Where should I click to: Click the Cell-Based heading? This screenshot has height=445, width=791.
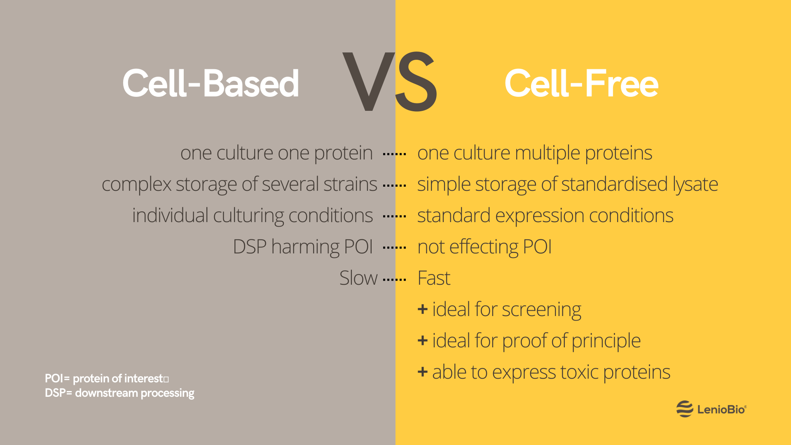[211, 84]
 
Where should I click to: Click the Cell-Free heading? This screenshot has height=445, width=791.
[581, 84]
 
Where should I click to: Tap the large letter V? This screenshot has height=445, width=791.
[368, 82]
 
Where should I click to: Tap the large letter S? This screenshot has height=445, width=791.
[416, 82]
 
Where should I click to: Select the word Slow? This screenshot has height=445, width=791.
[358, 278]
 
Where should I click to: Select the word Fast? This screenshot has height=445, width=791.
[434, 278]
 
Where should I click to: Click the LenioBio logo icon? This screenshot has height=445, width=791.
[685, 409]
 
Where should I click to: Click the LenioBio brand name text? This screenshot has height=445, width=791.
[721, 410]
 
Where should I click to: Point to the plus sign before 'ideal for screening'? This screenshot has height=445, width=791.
[422, 309]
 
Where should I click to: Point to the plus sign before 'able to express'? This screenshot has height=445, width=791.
[422, 372]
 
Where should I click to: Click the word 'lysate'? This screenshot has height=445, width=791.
[695, 184]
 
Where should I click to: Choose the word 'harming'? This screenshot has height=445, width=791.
[305, 247]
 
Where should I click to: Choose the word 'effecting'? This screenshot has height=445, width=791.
[484, 247]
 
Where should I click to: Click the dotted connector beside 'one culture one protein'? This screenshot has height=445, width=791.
[394, 154]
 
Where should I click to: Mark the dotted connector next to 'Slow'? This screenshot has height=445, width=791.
[394, 280]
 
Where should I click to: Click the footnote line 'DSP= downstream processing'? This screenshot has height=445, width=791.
[119, 393]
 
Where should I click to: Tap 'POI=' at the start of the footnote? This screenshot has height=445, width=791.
[57, 378]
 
